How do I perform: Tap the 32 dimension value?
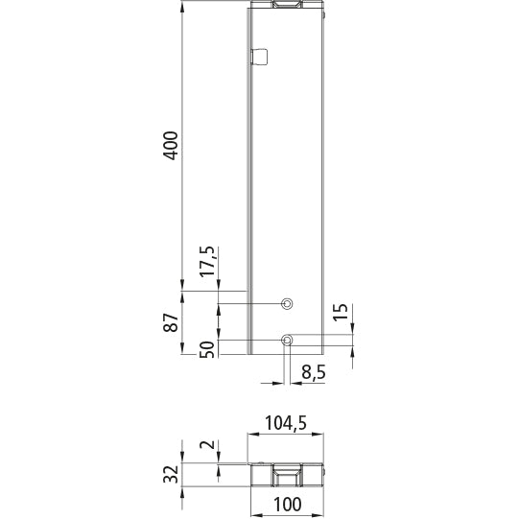point(172,475)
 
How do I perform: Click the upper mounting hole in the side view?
point(286,304)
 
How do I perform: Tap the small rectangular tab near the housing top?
point(257,57)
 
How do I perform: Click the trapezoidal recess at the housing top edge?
point(289,6)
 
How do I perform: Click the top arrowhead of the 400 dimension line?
point(182,6)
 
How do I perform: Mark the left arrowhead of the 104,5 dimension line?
point(252,436)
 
